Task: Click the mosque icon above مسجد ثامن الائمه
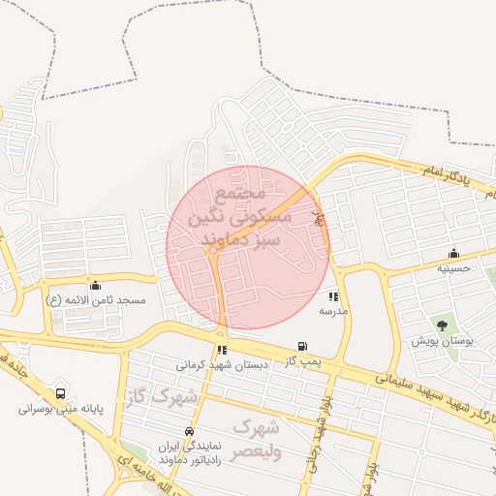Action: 95,286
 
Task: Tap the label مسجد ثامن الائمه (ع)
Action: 95,300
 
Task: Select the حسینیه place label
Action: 453,267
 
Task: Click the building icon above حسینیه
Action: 453,254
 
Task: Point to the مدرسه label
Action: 333,312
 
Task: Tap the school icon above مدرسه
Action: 333,297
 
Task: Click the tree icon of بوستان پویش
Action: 443,326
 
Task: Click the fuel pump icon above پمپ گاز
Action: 302,347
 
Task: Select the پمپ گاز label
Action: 302,360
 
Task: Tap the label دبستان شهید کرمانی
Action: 222,365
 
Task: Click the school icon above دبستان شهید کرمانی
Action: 222,351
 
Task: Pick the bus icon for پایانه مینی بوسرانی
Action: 61,394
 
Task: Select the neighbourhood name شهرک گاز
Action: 161,396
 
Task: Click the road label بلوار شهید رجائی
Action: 317,426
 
